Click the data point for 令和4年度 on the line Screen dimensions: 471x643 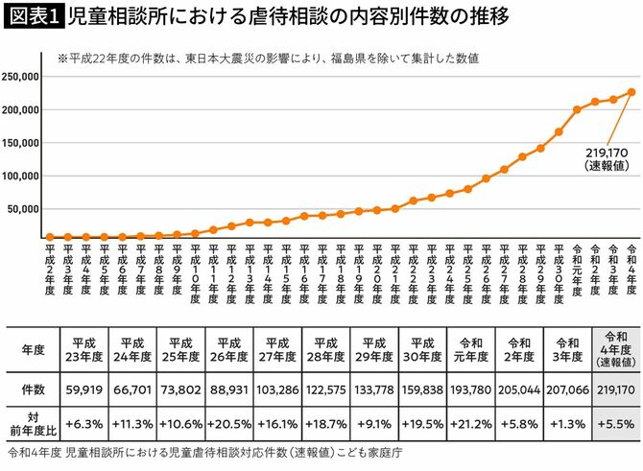point(631,92)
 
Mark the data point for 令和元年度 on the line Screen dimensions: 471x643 point(577,109)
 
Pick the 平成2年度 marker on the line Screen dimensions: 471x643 point(50,237)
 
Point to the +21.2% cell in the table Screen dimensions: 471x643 point(471,423)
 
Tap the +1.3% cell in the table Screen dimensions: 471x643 point(567,423)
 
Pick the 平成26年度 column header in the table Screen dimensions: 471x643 point(229,350)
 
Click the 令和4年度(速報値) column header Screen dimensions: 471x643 point(616,350)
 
